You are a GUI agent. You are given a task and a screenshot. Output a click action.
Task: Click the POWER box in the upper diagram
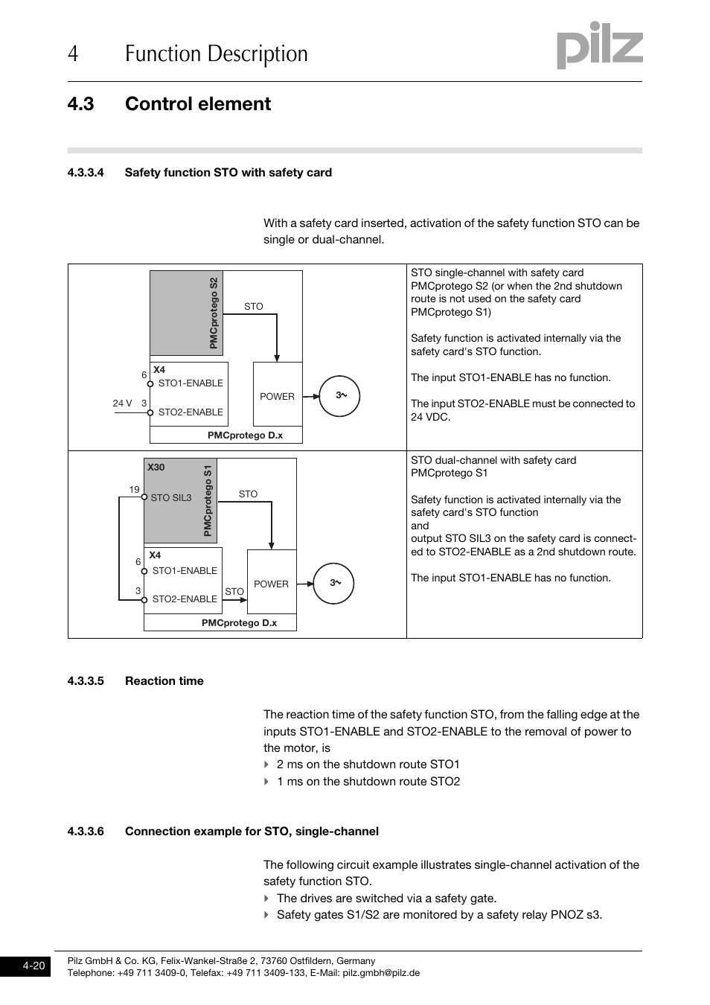pyautogui.click(x=278, y=395)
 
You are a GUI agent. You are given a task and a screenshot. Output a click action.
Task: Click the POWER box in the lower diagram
pyautogui.click(x=272, y=583)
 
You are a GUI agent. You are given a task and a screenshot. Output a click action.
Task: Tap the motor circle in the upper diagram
pyautogui.click(x=340, y=395)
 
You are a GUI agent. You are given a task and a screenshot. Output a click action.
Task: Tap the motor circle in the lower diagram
pyautogui.click(x=333, y=583)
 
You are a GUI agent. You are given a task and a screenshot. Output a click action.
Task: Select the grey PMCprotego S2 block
pyautogui.click(x=186, y=313)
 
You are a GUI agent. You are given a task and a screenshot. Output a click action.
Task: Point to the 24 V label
pyautogui.click(x=122, y=403)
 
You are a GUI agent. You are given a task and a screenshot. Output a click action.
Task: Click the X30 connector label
pyautogui.click(x=156, y=468)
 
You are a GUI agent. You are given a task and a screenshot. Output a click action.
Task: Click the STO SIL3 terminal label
pyautogui.click(x=171, y=497)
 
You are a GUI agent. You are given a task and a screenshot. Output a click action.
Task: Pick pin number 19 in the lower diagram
pyautogui.click(x=134, y=490)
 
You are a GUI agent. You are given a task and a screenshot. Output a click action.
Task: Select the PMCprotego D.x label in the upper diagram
pyautogui.click(x=245, y=435)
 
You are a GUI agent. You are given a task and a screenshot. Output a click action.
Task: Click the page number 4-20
pyautogui.click(x=33, y=966)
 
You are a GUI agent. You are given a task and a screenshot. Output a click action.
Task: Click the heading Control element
pyautogui.click(x=198, y=103)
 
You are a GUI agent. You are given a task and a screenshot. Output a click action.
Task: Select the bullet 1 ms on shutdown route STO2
pyautogui.click(x=368, y=781)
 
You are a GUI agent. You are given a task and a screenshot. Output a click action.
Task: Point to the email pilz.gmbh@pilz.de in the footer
pyautogui.click(x=380, y=972)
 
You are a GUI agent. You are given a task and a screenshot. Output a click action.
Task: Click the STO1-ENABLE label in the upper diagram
pyautogui.click(x=191, y=383)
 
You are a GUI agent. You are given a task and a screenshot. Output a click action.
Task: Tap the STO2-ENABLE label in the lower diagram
pyautogui.click(x=185, y=599)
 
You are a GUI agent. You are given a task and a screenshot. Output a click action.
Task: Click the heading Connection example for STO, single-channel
pyautogui.click(x=252, y=831)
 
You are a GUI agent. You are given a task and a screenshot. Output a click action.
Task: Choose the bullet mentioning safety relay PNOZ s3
pyautogui.click(x=439, y=914)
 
